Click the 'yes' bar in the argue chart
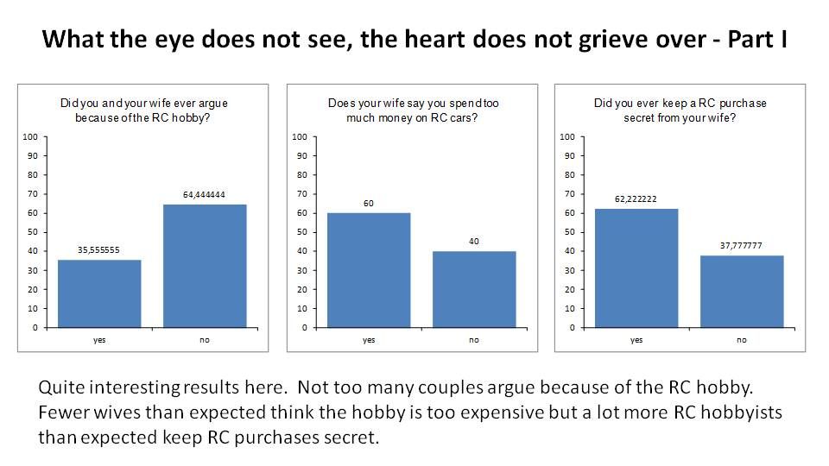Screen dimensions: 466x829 pos(99,293)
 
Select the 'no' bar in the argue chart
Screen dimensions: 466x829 pos(205,266)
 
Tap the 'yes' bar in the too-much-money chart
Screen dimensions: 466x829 pos(369,270)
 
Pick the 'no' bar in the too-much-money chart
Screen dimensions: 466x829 pos(474,289)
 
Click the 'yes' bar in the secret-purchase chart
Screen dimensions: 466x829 pos(636,268)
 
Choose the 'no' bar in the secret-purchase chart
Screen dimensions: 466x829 pos(742,292)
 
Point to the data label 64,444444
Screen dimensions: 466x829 pos(205,195)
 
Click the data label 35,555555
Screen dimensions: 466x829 pos(99,250)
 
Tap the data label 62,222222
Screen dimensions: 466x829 pos(636,199)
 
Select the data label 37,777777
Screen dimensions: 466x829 pos(742,246)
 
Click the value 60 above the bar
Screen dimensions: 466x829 pos(369,204)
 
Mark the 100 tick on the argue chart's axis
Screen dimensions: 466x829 pos(29,136)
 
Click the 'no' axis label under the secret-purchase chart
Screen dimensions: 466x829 pos(742,340)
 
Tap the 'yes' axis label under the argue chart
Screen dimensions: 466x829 pos(99,340)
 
